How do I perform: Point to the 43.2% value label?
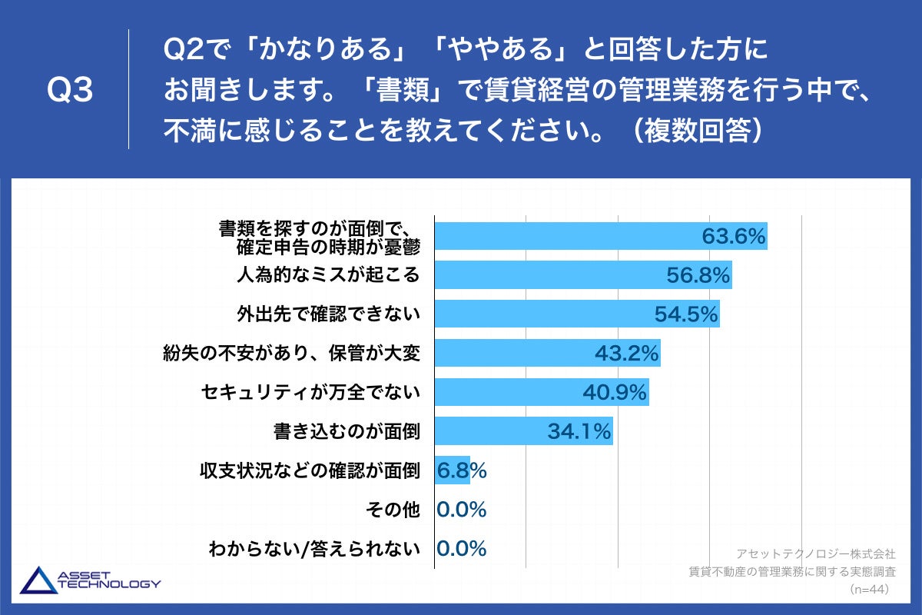tap(627, 354)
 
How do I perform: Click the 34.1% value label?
tap(579, 432)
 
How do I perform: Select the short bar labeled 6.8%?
tap(452, 470)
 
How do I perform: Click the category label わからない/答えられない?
tap(314, 549)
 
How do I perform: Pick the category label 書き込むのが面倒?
tap(347, 432)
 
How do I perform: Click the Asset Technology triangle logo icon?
tap(37, 580)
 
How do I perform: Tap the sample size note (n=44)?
tap(868, 590)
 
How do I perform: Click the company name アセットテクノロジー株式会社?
tap(816, 553)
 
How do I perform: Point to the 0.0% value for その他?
tap(462, 510)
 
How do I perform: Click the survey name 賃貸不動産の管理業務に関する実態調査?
tap(792, 571)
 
